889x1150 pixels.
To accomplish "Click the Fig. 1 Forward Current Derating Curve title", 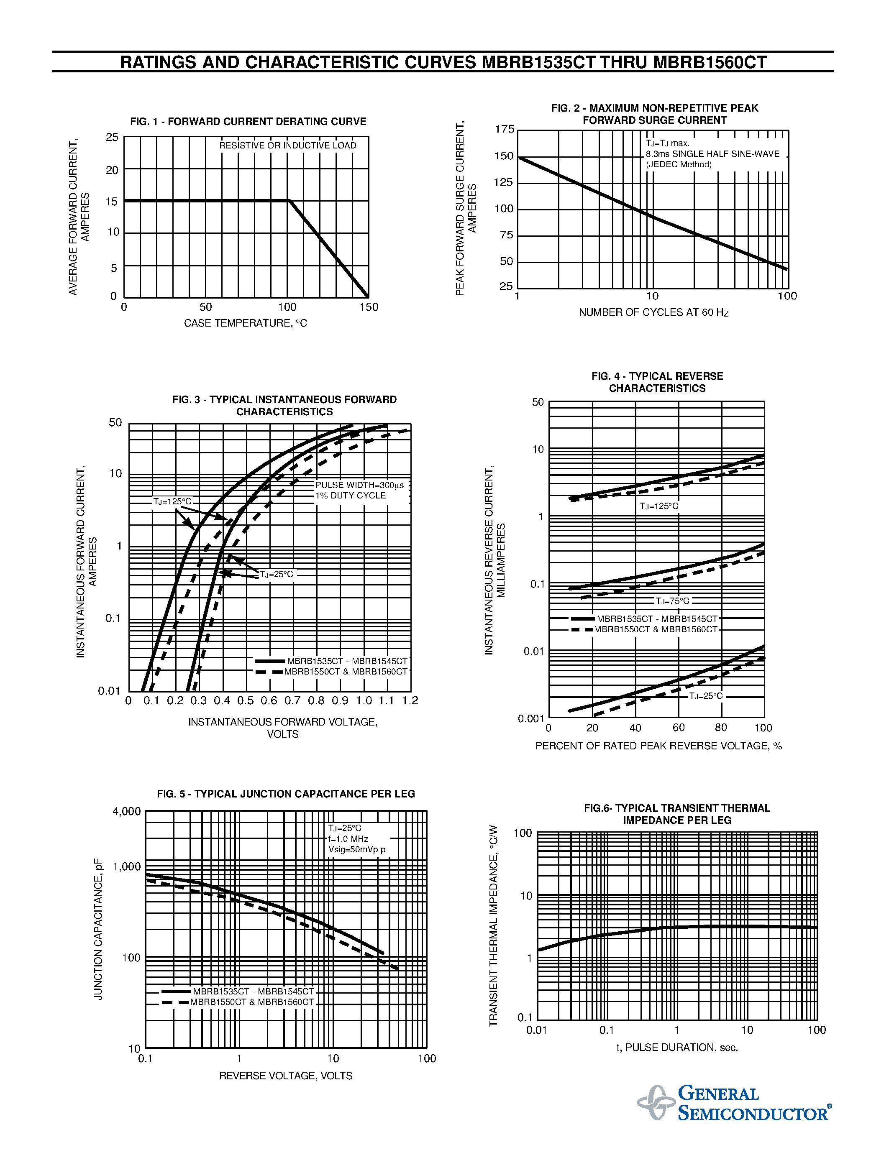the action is [248, 122].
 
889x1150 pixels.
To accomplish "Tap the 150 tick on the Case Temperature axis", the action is [369, 307].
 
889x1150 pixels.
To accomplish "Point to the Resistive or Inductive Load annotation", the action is [287, 146].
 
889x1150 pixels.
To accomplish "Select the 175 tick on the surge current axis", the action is [504, 129].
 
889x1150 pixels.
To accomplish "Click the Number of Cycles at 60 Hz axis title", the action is [653, 312].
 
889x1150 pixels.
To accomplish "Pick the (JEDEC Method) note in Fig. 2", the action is [679, 164].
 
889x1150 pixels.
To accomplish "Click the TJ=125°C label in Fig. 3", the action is [172, 501].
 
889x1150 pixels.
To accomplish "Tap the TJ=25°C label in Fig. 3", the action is [276, 574].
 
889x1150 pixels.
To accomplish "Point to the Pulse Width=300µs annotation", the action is [360, 485].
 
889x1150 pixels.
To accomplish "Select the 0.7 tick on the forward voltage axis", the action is [292, 700].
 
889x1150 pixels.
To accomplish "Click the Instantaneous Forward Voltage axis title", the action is [283, 728].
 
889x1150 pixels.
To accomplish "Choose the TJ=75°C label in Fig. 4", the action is [672, 601].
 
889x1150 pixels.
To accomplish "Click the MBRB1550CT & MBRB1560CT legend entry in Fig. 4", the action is [656, 629].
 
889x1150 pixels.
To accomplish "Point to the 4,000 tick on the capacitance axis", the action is [126, 811].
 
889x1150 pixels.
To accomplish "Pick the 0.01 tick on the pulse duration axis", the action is [537, 1030].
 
